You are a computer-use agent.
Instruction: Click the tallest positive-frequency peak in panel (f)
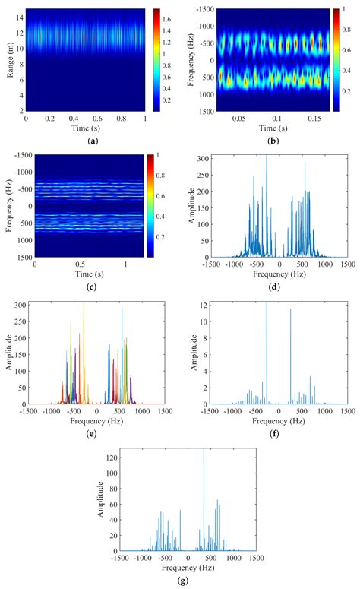pos(290,309)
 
